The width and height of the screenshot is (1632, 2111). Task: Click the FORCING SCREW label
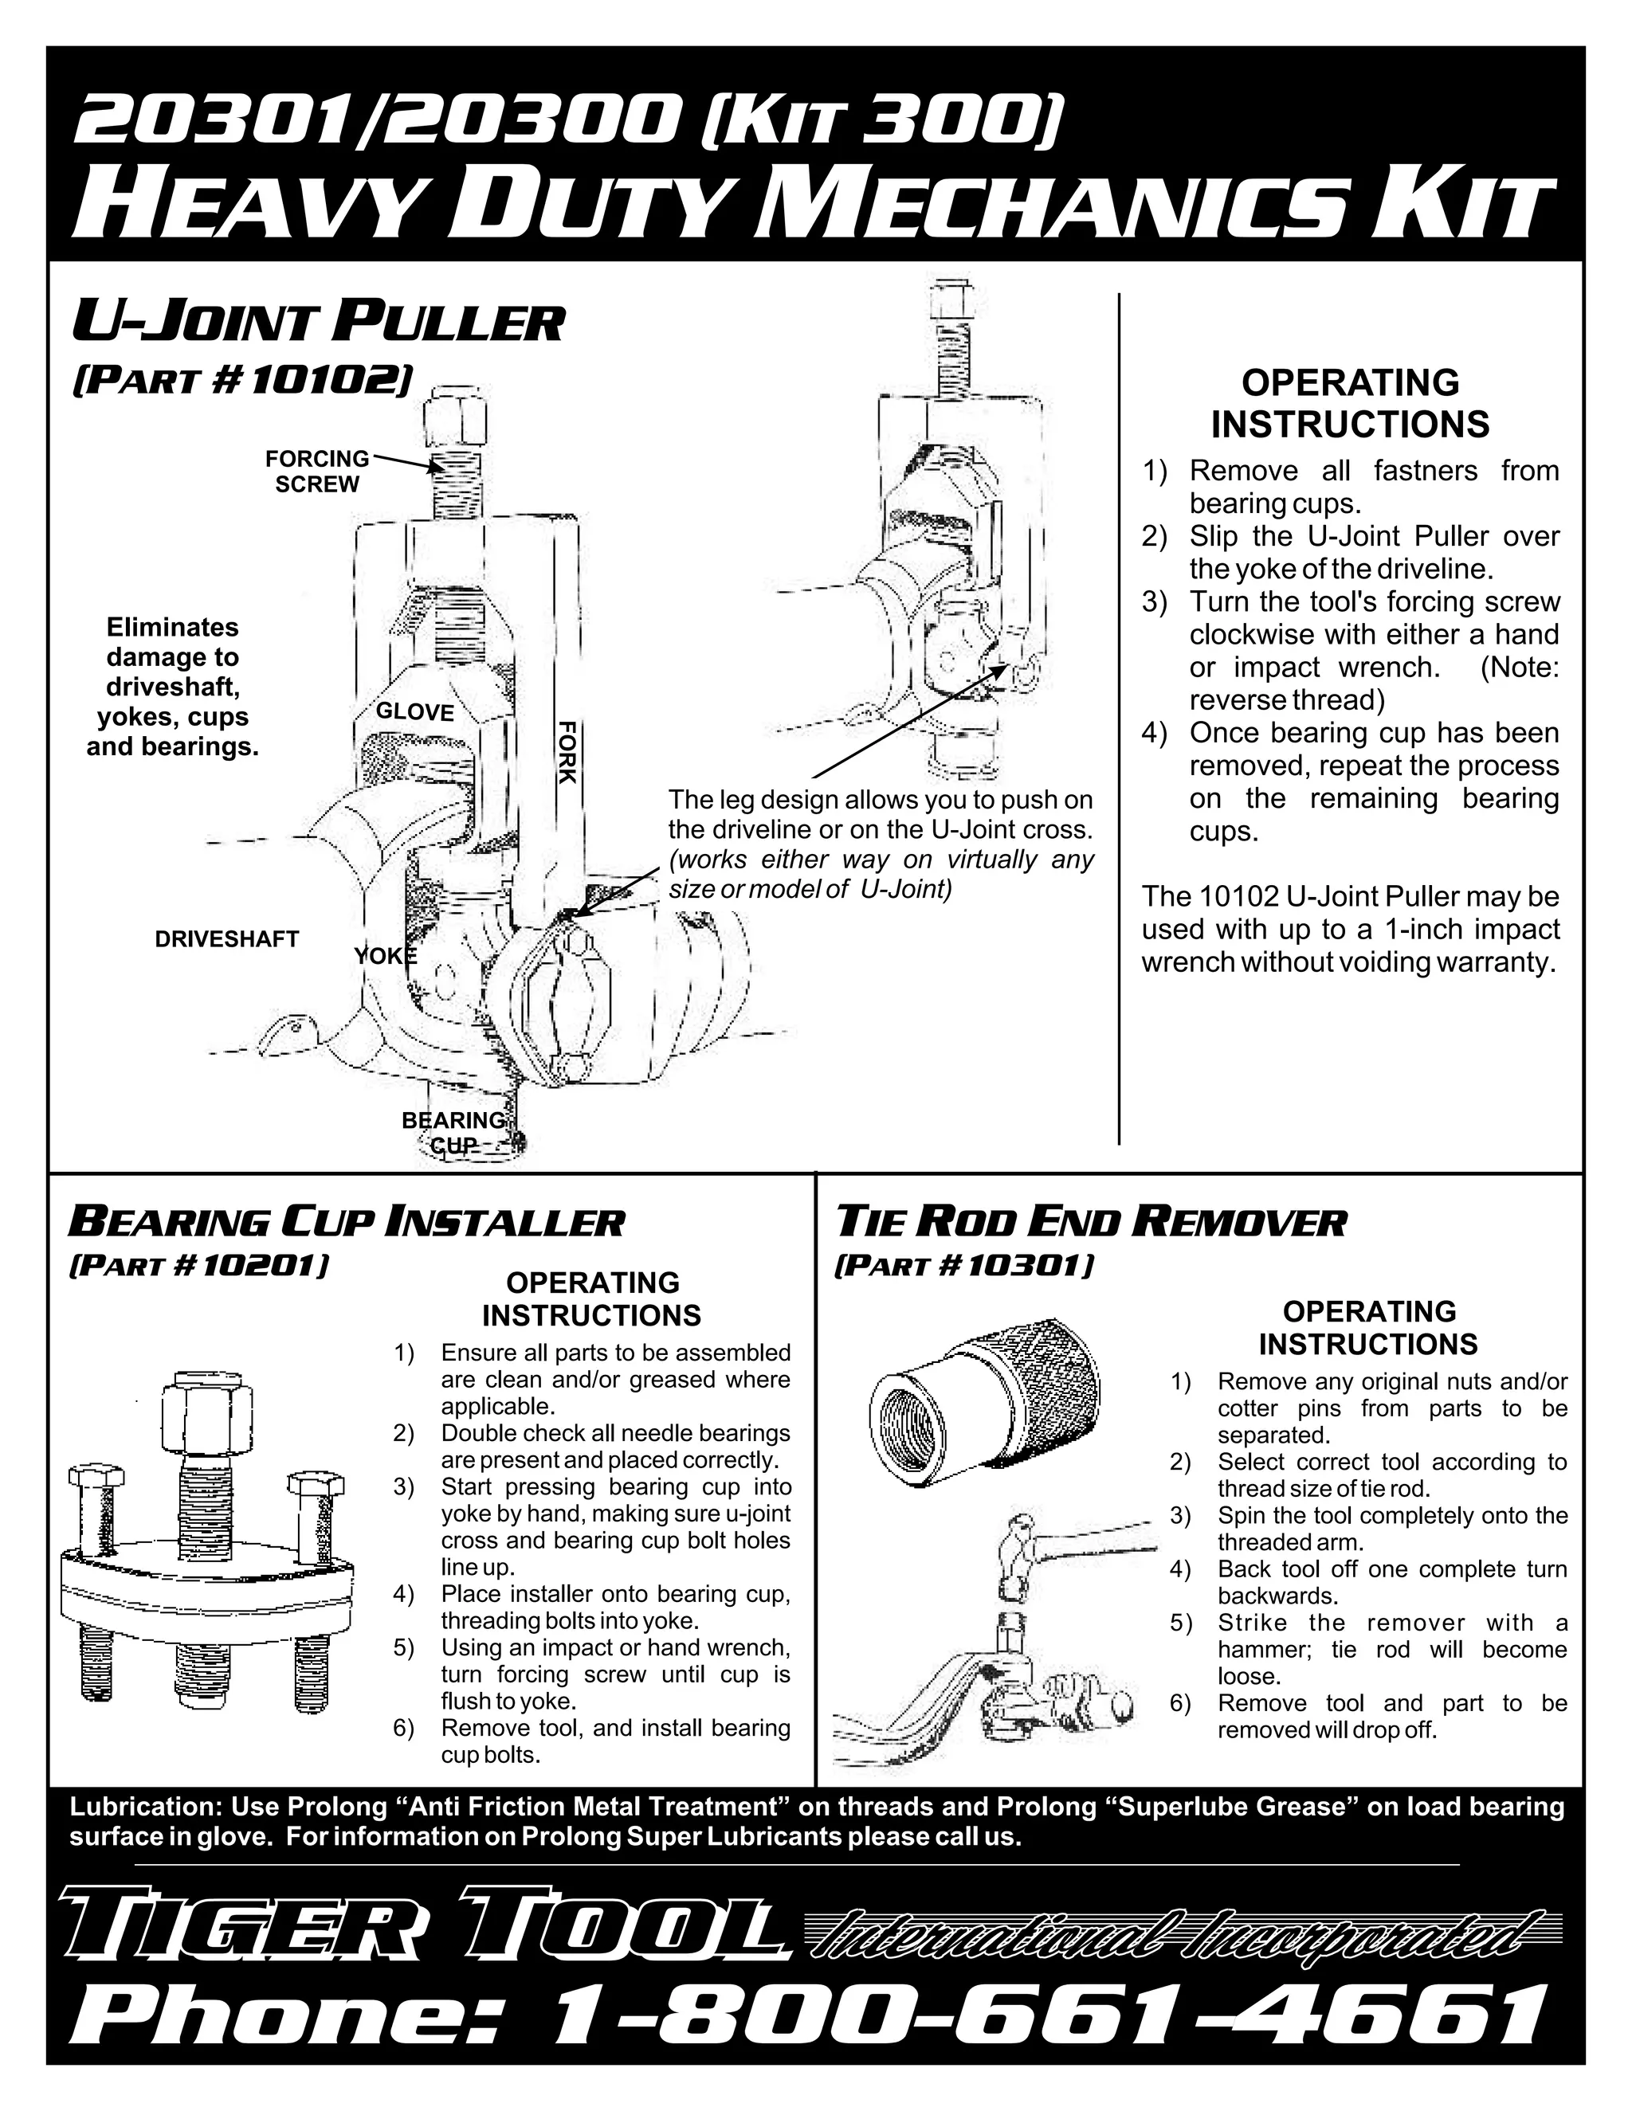[317, 471]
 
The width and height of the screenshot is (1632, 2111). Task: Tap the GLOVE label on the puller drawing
[414, 712]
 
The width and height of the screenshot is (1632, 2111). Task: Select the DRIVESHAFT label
[226, 938]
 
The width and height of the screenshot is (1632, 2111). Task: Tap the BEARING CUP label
[453, 1132]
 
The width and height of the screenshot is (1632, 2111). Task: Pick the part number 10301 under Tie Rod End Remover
[1030, 1265]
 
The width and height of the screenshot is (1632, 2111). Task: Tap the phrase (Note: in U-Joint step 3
[1518, 667]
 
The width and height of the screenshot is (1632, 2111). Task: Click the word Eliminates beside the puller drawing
[172, 627]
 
